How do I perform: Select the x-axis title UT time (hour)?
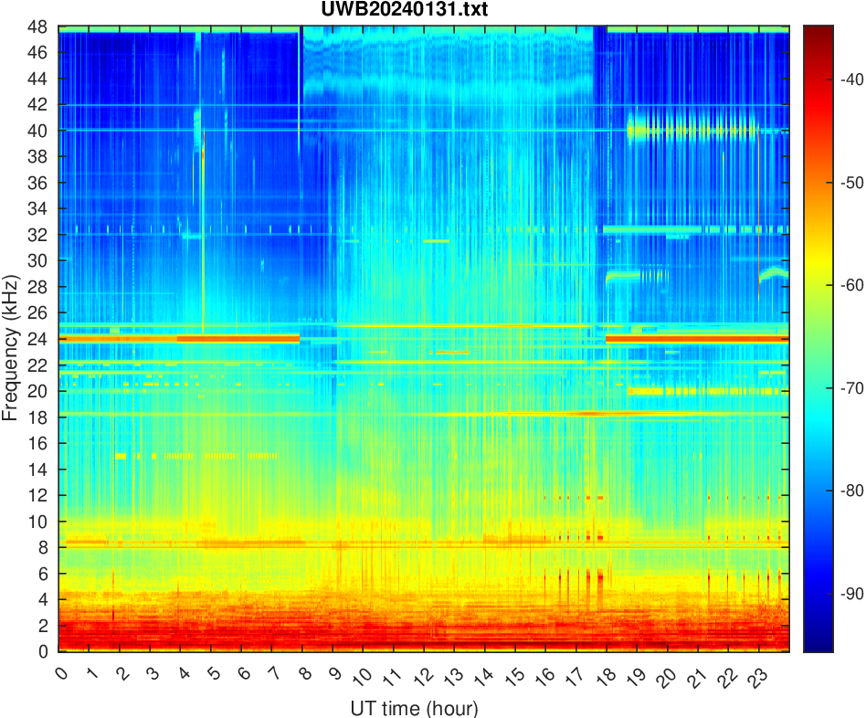(x=414, y=708)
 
